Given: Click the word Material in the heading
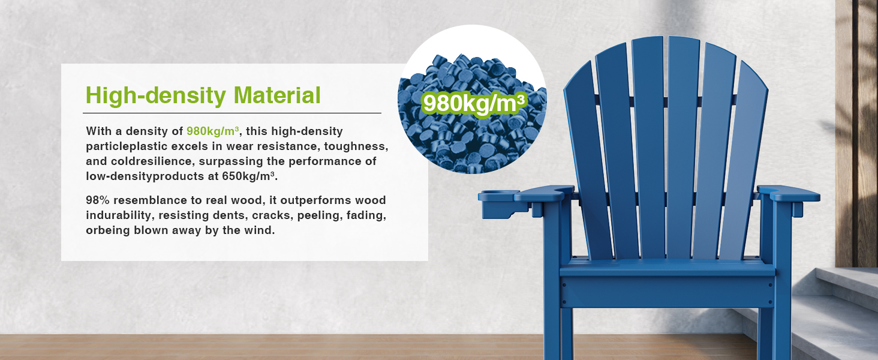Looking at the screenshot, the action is pos(277,95).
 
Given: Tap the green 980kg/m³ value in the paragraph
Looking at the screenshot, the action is pos(213,131).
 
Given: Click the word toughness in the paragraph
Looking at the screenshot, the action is pos(356,146).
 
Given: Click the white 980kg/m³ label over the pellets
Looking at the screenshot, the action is pos(474,104).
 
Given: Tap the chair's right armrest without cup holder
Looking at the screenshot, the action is pos(788,194).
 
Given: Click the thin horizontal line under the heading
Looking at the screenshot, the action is pos(232,113).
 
